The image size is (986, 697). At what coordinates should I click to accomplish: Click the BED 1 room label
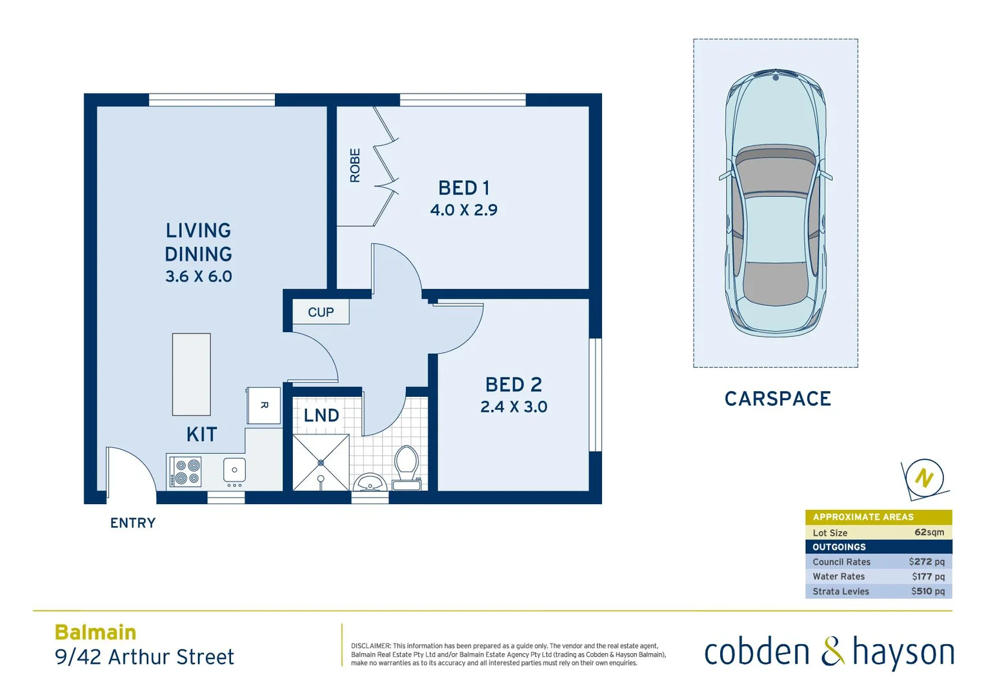[x=464, y=188]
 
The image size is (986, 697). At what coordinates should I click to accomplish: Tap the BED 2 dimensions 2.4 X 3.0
[x=514, y=407]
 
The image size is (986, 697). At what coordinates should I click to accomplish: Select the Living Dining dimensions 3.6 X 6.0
[x=198, y=276]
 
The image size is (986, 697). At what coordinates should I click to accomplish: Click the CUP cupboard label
[x=321, y=312]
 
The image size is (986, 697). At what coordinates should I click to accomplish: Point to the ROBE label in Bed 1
[x=355, y=165]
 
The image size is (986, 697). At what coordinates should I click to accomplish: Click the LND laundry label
[x=321, y=416]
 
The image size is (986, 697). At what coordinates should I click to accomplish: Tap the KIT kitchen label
[x=201, y=434]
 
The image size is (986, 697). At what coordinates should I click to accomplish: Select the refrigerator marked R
[x=264, y=405]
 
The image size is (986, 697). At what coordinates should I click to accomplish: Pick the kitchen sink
[x=234, y=470]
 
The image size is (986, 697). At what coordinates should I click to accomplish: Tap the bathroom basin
[x=370, y=482]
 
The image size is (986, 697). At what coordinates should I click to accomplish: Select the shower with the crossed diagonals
[x=321, y=463]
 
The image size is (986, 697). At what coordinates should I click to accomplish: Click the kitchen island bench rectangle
[x=191, y=374]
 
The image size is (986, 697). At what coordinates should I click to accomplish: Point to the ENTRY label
[x=133, y=523]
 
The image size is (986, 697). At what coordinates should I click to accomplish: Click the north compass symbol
[x=924, y=478]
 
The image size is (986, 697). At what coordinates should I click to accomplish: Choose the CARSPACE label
[x=778, y=399]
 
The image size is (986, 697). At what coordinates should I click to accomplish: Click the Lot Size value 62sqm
[x=929, y=532]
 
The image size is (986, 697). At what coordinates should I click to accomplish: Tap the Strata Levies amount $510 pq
[x=927, y=591]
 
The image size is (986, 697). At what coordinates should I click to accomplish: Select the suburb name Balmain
[x=96, y=632]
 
